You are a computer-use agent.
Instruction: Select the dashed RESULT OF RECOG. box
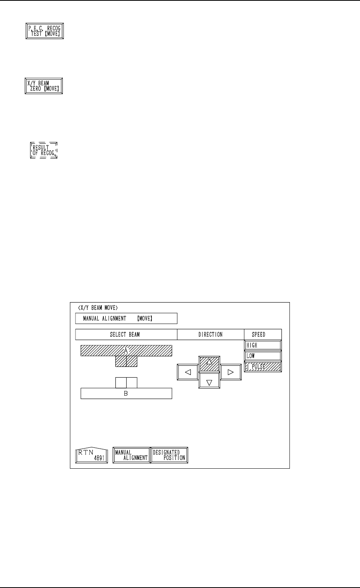(44, 150)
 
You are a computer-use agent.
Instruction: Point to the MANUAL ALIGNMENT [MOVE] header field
(126, 318)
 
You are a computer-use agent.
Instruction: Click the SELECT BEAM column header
(126, 334)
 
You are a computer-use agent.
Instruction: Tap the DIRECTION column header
(211, 334)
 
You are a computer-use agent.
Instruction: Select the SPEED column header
(259, 334)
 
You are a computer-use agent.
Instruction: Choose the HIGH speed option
(263, 345)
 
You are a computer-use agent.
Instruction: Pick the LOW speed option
(263, 356)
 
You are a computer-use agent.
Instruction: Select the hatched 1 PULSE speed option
(263, 367)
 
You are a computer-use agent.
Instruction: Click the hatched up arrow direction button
(209, 363)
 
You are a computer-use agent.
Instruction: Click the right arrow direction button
(230, 372)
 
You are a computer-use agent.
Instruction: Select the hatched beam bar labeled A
(126, 351)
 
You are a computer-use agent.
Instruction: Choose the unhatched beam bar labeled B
(126, 394)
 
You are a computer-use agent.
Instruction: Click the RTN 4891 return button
(91, 455)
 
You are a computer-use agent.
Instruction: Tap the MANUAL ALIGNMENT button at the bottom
(131, 455)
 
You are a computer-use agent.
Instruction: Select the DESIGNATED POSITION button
(169, 455)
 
